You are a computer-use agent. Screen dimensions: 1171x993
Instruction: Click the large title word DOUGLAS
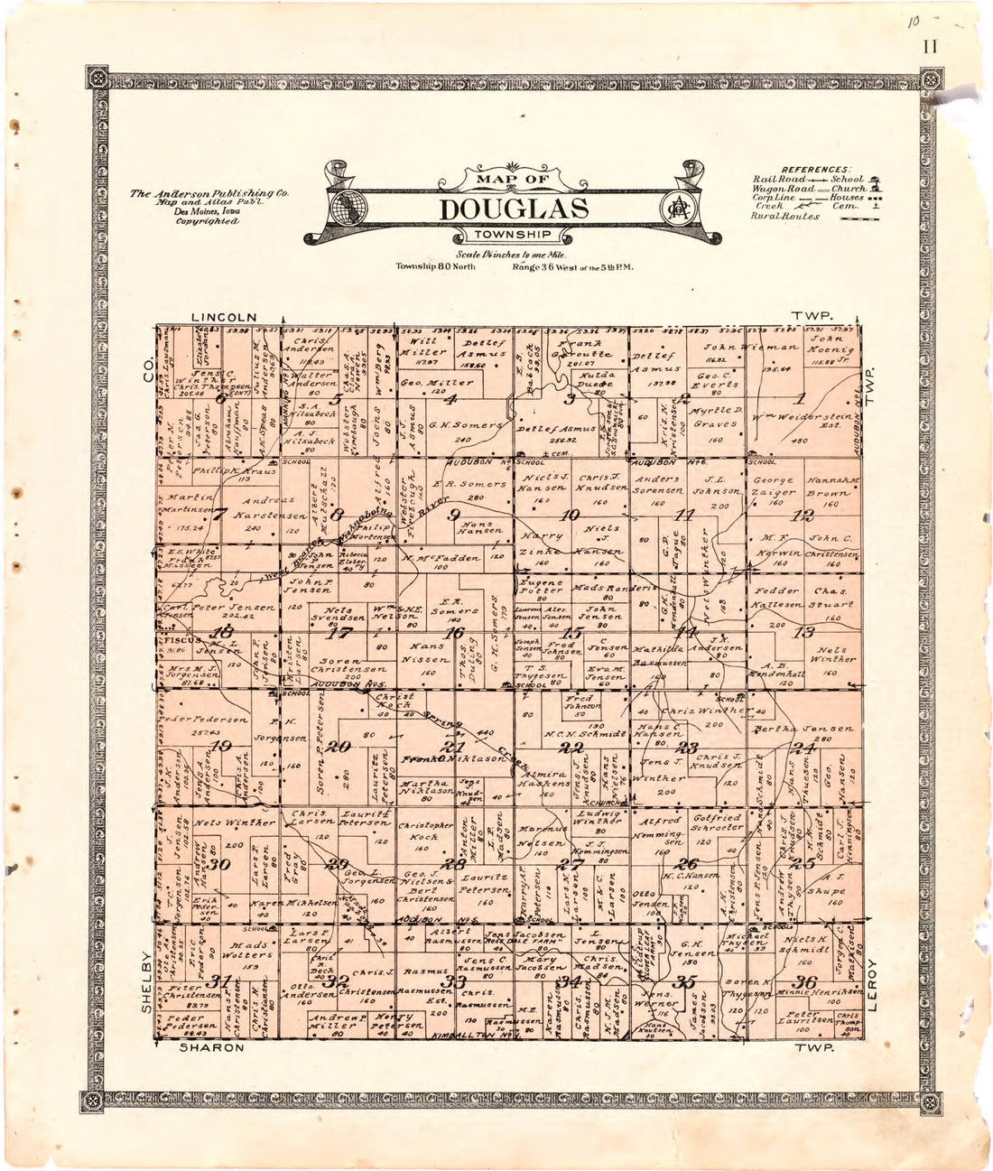514,209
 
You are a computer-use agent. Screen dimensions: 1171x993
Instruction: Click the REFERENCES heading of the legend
815,170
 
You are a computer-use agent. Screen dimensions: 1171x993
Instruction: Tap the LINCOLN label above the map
225,318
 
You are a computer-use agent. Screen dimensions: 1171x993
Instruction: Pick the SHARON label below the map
211,1047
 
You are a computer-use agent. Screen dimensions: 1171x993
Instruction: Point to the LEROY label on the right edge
872,990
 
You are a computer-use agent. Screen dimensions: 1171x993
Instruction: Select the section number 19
220,746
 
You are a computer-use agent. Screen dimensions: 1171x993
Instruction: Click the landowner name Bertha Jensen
815,729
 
